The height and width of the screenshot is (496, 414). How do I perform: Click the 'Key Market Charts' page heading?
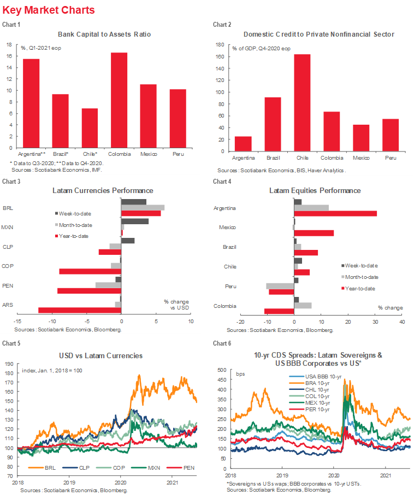point(49,10)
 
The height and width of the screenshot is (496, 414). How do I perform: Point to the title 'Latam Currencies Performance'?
point(103,191)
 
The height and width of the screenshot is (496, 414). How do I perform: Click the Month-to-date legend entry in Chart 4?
point(363,277)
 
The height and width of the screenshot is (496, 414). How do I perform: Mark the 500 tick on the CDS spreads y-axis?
point(222,371)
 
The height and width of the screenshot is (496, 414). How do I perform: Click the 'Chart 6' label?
point(221,343)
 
